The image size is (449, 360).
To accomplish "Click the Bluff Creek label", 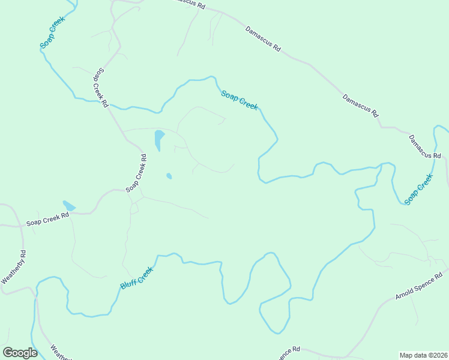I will pyautogui.click(x=137, y=277).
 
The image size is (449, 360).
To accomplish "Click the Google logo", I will pyautogui.click(x=20, y=352).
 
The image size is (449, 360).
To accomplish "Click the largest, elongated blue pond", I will pyautogui.click(x=159, y=140).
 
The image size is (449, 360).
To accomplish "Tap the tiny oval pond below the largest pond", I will pyautogui.click(x=169, y=176).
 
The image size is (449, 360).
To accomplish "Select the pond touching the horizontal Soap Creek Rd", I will pyautogui.click(x=69, y=206).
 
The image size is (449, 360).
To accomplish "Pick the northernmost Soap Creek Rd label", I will pyautogui.click(x=100, y=87).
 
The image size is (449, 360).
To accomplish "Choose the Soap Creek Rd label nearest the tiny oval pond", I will pyautogui.click(x=136, y=173).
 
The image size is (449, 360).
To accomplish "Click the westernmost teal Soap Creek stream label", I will pyautogui.click(x=52, y=33).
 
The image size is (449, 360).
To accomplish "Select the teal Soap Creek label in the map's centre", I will pyautogui.click(x=240, y=99).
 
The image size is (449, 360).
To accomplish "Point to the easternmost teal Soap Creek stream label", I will pyautogui.click(x=418, y=190).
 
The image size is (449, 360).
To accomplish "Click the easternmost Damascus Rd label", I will pyautogui.click(x=425, y=146).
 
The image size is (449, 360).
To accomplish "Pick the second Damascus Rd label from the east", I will pyautogui.click(x=361, y=105).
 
